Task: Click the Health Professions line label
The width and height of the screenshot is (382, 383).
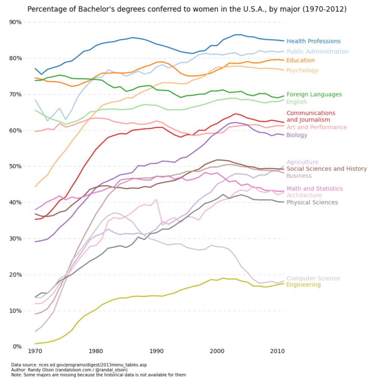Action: click(x=313, y=42)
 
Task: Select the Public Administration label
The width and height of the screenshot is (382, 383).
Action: click(x=317, y=52)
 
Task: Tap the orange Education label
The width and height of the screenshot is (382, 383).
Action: click(x=300, y=61)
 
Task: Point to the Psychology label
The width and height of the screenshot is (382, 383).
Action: click(x=302, y=71)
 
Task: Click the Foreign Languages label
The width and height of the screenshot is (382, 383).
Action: click(x=314, y=95)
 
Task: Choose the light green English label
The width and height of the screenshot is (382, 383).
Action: click(x=297, y=102)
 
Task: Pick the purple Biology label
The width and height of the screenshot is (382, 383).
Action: click(x=297, y=135)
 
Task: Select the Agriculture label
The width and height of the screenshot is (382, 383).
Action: click(x=302, y=162)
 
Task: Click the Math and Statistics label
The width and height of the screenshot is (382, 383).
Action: click(x=314, y=189)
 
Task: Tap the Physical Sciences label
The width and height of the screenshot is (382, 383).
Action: click(x=312, y=203)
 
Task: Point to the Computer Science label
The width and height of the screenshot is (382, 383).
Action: click(x=313, y=279)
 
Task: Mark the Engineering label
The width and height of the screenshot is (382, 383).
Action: click(x=303, y=285)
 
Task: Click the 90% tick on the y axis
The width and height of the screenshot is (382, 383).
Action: click(x=15, y=22)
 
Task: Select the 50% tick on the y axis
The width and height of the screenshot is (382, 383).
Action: click(x=15, y=166)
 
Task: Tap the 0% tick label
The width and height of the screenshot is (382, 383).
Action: click(x=16, y=347)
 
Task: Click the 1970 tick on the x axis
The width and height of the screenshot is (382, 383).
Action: click(x=35, y=352)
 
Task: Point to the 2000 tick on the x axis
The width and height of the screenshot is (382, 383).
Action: click(x=217, y=352)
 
